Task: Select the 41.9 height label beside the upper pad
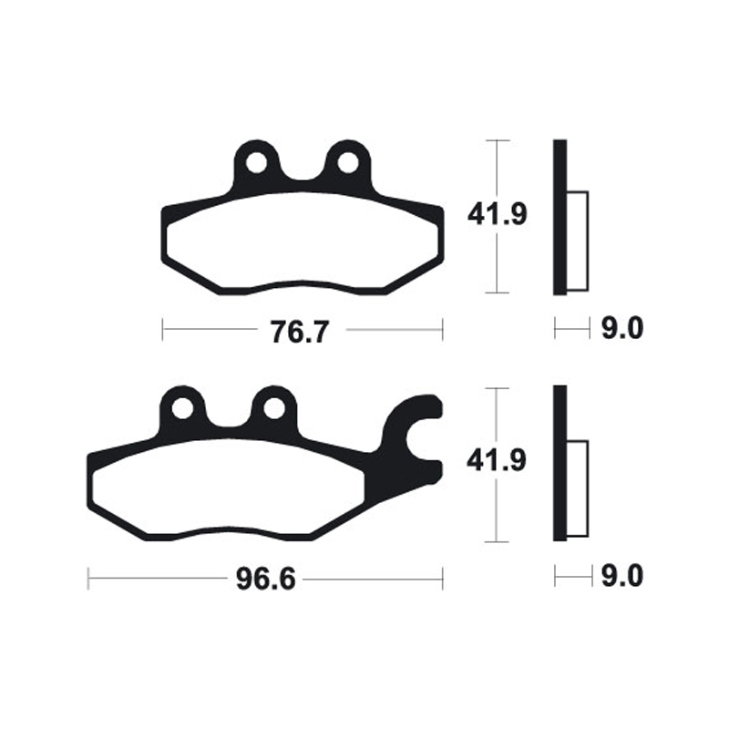click(x=497, y=216)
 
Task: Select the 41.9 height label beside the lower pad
click(x=497, y=463)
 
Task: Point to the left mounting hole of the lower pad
click(x=183, y=409)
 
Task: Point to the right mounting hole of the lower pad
click(x=272, y=409)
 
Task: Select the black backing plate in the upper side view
click(x=560, y=217)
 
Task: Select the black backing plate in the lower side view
click(x=560, y=464)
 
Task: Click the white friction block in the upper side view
click(x=578, y=241)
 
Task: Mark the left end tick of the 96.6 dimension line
click(x=88, y=578)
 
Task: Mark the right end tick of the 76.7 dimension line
click(x=442, y=330)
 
